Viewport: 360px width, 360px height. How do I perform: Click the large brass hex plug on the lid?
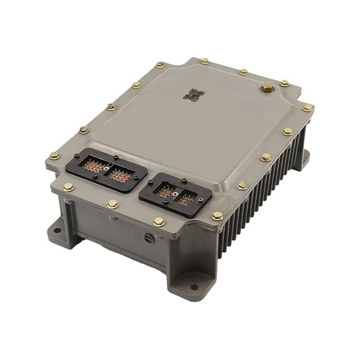(x=266, y=88)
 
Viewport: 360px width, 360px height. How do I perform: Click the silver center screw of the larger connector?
(x=106, y=168)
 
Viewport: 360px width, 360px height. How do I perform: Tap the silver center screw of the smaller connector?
(x=175, y=194)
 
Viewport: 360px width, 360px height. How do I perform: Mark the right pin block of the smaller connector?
(x=186, y=200)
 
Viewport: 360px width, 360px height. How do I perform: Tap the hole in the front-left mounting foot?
(x=58, y=232)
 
